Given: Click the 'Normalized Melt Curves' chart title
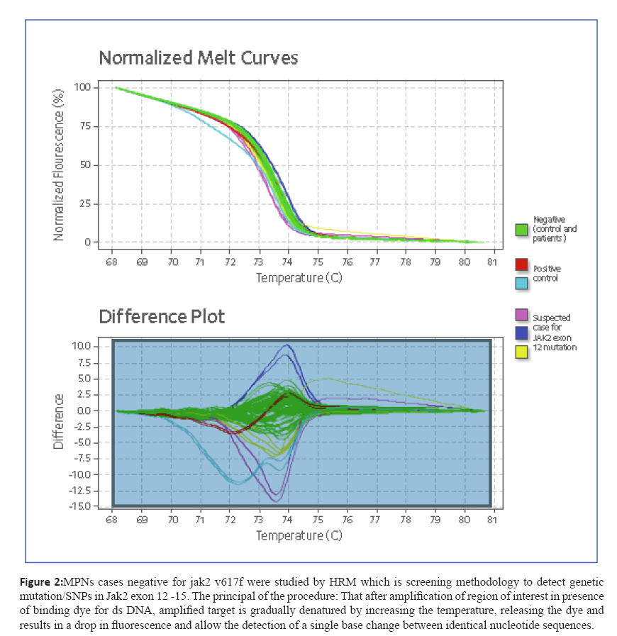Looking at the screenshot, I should coord(198,57).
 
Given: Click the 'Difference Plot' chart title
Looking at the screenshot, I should coord(162,316).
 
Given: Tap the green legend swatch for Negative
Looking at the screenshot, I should coord(521,229).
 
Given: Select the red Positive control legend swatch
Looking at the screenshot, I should coord(521,264).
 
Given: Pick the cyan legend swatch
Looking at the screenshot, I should coord(521,283).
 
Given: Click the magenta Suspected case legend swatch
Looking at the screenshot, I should coord(521,313).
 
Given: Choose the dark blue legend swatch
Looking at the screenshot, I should coord(521,332).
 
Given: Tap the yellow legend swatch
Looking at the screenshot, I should coord(521,350).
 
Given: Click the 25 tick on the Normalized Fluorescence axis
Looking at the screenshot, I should coord(86,204).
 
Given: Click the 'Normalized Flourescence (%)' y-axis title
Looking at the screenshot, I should coord(60,164).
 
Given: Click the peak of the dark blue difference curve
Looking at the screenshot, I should coord(287,345).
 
